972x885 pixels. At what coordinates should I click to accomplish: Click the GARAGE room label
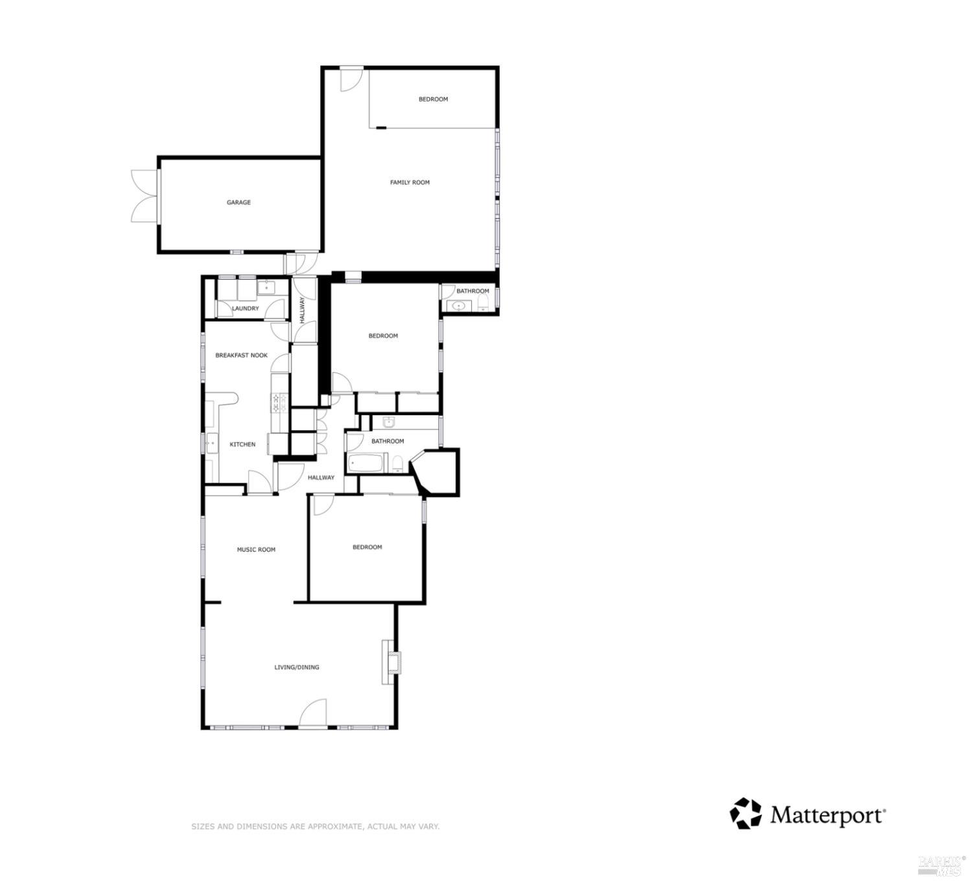[238, 203]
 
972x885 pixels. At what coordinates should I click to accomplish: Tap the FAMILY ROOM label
[410, 183]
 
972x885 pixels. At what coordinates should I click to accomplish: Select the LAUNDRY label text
[246, 308]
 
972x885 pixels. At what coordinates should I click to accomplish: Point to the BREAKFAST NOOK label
[241, 356]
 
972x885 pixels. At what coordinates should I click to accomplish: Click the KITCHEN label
[242, 444]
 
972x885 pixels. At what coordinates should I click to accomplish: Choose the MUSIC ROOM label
[256, 549]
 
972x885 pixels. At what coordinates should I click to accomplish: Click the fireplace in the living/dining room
[391, 662]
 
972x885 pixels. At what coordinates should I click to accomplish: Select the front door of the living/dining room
[313, 714]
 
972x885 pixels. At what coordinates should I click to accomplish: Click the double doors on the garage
[143, 196]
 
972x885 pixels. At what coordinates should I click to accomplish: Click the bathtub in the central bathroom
[367, 463]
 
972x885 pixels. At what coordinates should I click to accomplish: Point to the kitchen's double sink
[211, 444]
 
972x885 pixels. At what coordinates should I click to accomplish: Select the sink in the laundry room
[266, 288]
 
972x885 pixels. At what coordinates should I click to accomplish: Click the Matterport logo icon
[746, 813]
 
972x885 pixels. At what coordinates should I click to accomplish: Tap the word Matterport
[827, 815]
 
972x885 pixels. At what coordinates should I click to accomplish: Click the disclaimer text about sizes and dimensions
[315, 827]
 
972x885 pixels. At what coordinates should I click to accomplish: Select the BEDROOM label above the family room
[433, 99]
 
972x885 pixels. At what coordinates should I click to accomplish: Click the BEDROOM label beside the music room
[367, 547]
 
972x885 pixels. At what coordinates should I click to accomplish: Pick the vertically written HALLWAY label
[302, 310]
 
